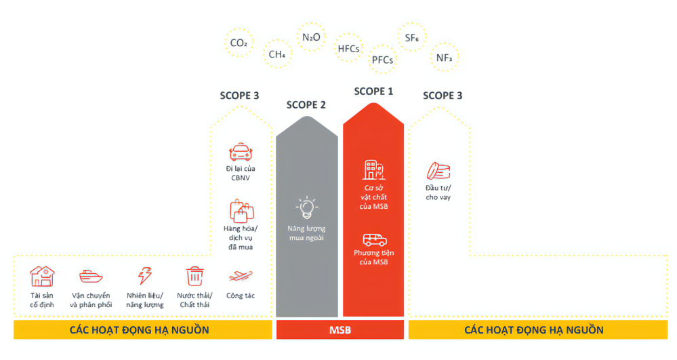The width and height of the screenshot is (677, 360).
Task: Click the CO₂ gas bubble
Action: [x=239, y=43]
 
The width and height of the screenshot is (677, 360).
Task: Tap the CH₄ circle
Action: [x=277, y=54]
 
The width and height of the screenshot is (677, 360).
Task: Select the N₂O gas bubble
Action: [x=311, y=37]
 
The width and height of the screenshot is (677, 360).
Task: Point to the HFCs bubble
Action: [x=348, y=48]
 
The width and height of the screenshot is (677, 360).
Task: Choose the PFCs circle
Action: [x=382, y=60]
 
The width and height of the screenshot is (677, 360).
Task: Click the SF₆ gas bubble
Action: [x=411, y=37]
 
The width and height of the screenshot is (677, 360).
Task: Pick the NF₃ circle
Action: [x=445, y=58]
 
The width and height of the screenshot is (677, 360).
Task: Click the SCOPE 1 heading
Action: [x=373, y=92]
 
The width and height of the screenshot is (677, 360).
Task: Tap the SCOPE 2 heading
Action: [x=306, y=104]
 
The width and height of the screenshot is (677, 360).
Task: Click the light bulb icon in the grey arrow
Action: [x=306, y=208]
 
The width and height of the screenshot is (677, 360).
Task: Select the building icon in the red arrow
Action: [x=373, y=170]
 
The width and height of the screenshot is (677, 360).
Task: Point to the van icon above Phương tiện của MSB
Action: [x=374, y=240]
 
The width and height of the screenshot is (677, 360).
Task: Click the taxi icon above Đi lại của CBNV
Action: [x=241, y=152]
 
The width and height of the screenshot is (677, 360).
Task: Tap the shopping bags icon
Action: [x=241, y=211]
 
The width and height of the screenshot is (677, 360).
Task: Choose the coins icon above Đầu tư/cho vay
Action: [x=438, y=171]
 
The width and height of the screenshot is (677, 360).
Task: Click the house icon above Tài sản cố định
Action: [x=42, y=276]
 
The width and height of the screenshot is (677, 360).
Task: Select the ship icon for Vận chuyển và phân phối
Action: [x=91, y=276]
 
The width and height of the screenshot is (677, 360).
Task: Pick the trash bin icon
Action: [x=194, y=276]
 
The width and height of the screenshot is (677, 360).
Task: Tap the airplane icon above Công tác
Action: [x=241, y=275]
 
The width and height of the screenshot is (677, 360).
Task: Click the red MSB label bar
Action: [x=340, y=329]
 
